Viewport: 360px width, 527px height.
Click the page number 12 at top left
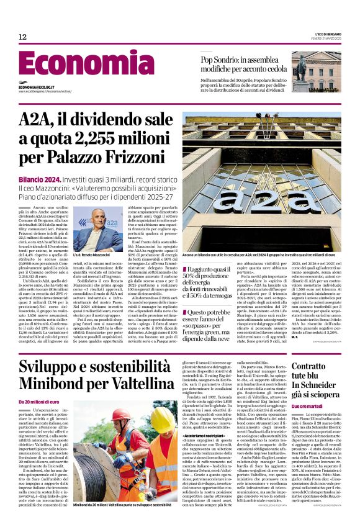click(x=22, y=37)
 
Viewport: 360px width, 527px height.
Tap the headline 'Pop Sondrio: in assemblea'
click(x=238, y=59)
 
